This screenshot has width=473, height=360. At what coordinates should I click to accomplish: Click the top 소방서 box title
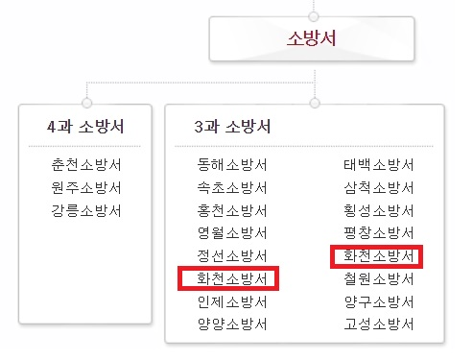[x=313, y=38]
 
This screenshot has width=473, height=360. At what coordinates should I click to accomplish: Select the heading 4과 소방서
[x=85, y=127]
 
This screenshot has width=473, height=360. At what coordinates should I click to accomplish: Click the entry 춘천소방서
[x=87, y=164]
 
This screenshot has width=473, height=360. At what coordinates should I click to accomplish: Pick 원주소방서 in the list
[x=87, y=187]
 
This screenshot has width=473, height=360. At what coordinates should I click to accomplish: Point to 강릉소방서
[x=87, y=210]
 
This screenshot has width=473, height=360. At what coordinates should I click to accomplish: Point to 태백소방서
[x=378, y=164]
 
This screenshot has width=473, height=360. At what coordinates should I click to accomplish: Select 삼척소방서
[x=378, y=187]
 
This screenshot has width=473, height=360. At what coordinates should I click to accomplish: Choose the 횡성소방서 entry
[x=378, y=210]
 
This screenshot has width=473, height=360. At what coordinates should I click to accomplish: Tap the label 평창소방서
[x=378, y=233]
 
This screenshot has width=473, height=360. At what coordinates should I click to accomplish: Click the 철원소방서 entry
[x=378, y=279]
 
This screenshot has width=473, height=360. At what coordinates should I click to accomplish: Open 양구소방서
[x=378, y=302]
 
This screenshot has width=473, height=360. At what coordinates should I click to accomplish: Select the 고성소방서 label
[x=378, y=325]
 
